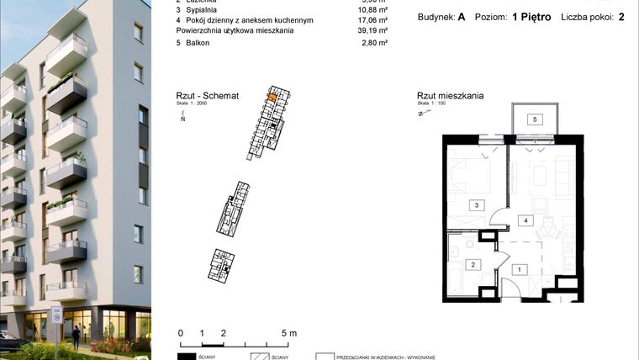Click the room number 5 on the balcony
tap(533, 119)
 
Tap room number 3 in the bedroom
tap(477, 204)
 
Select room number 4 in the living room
tap(525, 220)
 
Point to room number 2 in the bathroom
tap(473, 265)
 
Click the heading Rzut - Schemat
tap(208, 96)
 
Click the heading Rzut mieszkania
tap(450, 96)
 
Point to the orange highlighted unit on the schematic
tap(271, 97)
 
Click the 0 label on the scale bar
tap(180, 333)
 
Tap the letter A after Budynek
tap(462, 18)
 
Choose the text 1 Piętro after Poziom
tap(531, 18)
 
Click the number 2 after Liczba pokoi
tap(621, 18)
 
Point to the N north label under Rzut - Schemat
tap(182, 119)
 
